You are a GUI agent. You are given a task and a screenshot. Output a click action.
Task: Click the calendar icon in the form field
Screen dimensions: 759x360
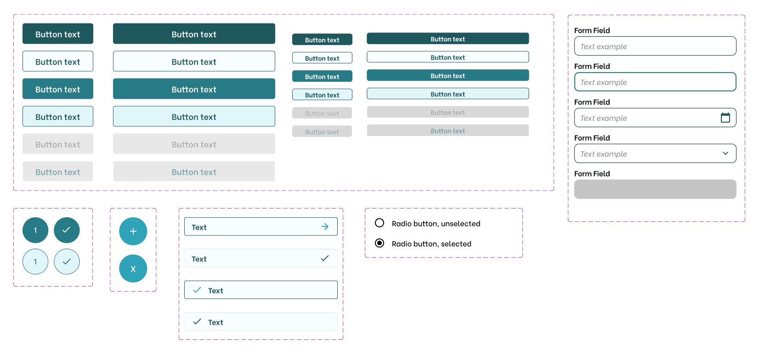point(725,118)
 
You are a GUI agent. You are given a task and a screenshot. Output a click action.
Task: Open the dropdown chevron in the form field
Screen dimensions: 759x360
point(725,153)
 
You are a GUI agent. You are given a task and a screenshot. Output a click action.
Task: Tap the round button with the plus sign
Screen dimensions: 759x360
point(133,231)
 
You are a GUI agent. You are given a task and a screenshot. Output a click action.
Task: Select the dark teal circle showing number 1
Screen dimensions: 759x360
point(35,231)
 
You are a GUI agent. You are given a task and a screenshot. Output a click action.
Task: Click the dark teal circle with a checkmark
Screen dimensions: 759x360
point(67,231)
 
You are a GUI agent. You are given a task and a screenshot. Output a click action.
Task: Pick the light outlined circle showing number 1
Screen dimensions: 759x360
point(35,261)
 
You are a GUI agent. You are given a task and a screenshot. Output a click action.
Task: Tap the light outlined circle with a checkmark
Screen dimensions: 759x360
point(67,261)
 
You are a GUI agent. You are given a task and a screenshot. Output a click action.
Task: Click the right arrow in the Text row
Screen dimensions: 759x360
point(325,226)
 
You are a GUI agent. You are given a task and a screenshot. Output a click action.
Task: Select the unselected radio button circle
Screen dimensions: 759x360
point(379,223)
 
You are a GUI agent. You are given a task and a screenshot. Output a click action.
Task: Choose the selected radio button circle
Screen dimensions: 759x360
point(379,243)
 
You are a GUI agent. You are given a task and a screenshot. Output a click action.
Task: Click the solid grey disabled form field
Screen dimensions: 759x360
point(655,189)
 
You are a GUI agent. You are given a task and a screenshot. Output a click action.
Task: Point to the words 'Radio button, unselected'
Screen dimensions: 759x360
point(436,224)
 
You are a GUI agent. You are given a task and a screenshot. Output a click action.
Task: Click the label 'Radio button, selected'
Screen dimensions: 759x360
point(431,244)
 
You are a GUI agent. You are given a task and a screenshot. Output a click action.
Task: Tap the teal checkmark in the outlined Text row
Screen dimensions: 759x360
point(197,290)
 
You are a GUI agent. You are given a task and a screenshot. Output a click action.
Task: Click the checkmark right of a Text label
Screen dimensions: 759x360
point(325,259)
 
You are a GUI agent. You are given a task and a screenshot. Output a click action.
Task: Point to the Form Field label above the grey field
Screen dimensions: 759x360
point(592,174)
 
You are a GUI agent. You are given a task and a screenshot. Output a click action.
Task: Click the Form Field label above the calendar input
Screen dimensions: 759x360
point(592,102)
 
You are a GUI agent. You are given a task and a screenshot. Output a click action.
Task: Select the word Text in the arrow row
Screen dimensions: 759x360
point(199,227)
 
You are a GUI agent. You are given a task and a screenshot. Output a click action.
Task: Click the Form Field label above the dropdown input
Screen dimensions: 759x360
point(592,138)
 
